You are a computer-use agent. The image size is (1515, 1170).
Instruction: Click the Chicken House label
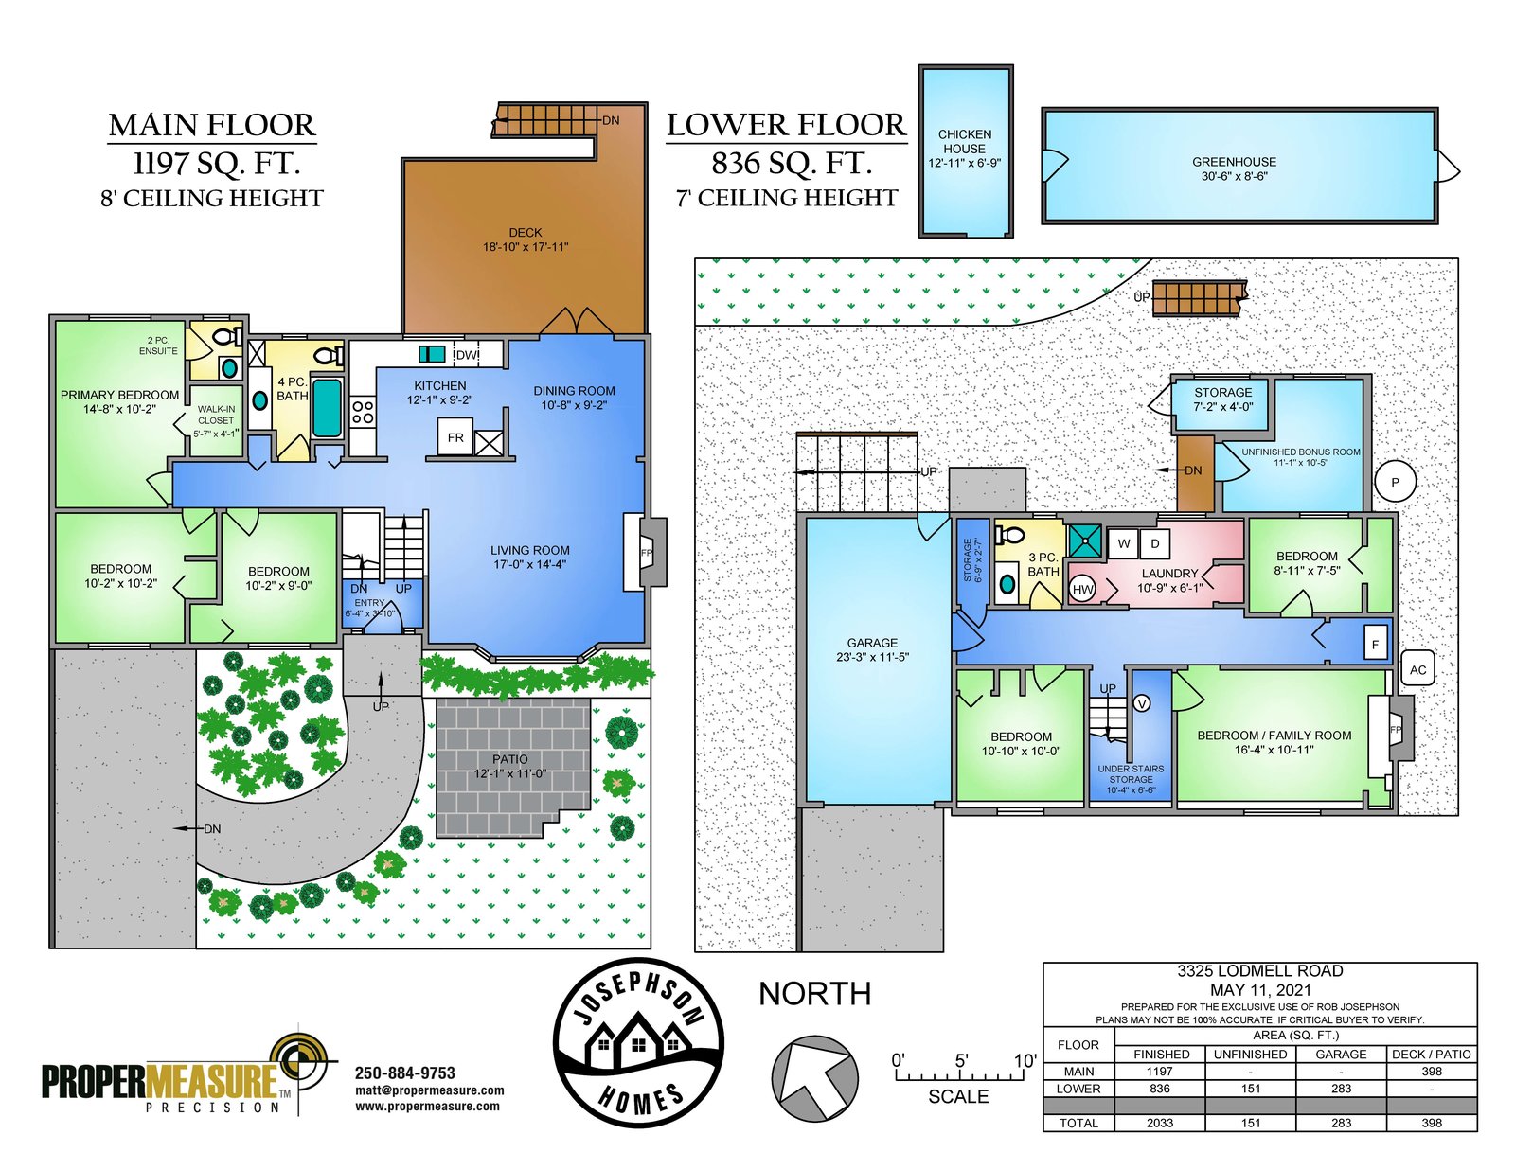pos(964,141)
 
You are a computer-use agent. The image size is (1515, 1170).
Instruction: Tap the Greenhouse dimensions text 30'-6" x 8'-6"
pos(1234,177)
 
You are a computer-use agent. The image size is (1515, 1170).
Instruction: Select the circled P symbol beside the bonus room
pos(1395,482)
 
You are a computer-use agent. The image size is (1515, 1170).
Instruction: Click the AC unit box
pos(1418,669)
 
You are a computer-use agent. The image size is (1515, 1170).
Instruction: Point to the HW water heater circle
pos(1082,590)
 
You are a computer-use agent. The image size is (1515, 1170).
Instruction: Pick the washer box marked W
pos(1124,544)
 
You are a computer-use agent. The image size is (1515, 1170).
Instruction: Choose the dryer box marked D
pos(1154,544)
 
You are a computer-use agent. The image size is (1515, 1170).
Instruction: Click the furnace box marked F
pos(1375,645)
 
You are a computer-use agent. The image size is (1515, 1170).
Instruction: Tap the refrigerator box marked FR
pos(455,437)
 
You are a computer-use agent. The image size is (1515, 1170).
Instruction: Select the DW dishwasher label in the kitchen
pos(467,355)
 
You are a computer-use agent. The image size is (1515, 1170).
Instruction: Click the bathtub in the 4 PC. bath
pos(327,408)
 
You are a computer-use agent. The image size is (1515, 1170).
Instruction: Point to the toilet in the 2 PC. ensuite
pos(226,337)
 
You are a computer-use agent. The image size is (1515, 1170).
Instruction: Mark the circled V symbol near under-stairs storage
pos(1142,704)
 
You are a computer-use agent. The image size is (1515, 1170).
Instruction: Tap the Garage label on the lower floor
pos(872,643)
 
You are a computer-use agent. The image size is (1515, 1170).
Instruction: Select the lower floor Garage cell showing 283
pos(1341,1089)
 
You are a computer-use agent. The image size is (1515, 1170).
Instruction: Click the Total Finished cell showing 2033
pos(1159,1123)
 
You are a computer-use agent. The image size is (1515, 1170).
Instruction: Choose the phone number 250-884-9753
pos(405,1073)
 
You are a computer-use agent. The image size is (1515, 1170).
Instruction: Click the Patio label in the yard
pos(510,759)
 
